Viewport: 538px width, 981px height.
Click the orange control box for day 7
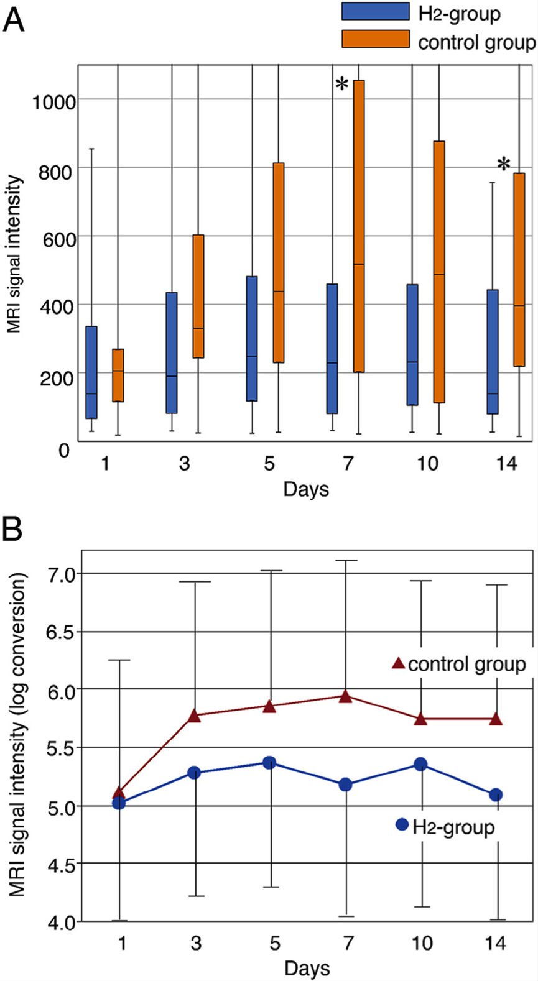coord(359,226)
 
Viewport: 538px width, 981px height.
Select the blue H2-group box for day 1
coord(91,372)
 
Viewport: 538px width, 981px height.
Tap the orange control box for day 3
coord(198,296)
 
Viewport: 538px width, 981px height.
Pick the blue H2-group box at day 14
coord(493,351)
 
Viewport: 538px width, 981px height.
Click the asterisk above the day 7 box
coord(341,85)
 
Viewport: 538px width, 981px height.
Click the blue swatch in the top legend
coord(375,12)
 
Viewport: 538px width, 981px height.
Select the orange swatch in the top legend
coord(375,39)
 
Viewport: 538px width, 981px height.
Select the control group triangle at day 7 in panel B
coord(346,696)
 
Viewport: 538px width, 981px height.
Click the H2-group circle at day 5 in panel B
coord(269,763)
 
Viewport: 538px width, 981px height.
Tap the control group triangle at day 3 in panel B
coord(194,716)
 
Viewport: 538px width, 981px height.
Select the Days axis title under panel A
coord(305,489)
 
